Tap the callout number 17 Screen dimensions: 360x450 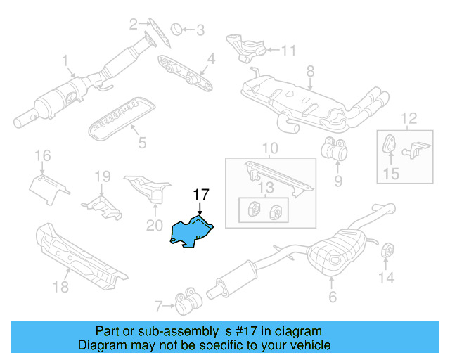click(202, 194)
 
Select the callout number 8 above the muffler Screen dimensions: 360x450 click(309, 70)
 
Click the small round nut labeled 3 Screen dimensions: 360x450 click(179, 29)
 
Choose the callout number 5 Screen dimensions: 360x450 click(142, 143)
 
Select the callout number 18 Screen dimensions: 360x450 click(61, 287)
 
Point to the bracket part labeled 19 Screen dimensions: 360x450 click(100, 203)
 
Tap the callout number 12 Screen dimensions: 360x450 click(409, 117)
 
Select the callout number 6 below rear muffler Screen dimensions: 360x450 click(333, 297)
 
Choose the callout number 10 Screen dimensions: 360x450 click(271, 149)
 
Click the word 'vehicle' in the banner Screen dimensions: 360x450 click(307, 345)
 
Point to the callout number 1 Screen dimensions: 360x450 click(64, 60)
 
